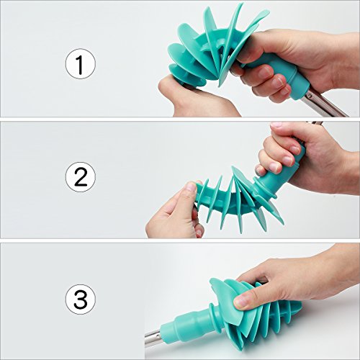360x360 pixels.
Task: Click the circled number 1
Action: [x=81, y=63]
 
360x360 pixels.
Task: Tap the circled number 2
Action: [x=81, y=177]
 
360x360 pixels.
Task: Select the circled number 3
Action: [x=81, y=299]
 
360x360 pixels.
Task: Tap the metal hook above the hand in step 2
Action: [x=314, y=123]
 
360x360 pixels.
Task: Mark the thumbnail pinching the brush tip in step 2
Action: [x=192, y=186]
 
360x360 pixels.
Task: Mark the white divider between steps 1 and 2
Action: [x=180, y=120]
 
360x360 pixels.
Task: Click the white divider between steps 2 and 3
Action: [x=180, y=240]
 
